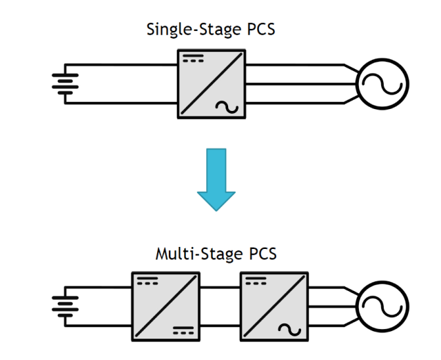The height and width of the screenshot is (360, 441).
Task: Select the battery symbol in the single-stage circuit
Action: [x=63, y=84]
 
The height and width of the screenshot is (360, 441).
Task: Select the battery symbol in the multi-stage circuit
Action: [x=63, y=304]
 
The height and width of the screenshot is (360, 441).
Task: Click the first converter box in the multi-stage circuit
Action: [x=165, y=305]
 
